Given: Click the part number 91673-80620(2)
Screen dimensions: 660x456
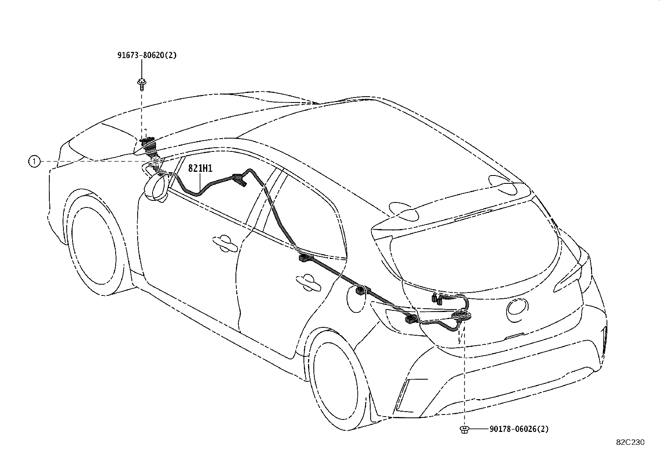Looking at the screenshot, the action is click(x=147, y=55).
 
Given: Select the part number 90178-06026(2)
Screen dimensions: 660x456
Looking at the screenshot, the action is click(x=519, y=429).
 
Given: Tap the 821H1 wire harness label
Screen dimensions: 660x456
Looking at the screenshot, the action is click(x=200, y=168).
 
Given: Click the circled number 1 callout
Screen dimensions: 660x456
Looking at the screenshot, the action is click(x=34, y=161).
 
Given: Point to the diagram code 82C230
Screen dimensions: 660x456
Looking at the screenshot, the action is click(x=630, y=442).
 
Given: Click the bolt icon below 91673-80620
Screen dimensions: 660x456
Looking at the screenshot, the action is click(x=142, y=85).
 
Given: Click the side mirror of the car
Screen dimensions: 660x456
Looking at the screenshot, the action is click(x=156, y=187).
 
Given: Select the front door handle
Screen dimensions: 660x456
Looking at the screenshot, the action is click(x=225, y=243).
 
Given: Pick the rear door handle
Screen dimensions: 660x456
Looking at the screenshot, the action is click(x=308, y=283).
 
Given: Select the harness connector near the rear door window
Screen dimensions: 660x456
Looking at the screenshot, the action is click(x=306, y=258).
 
